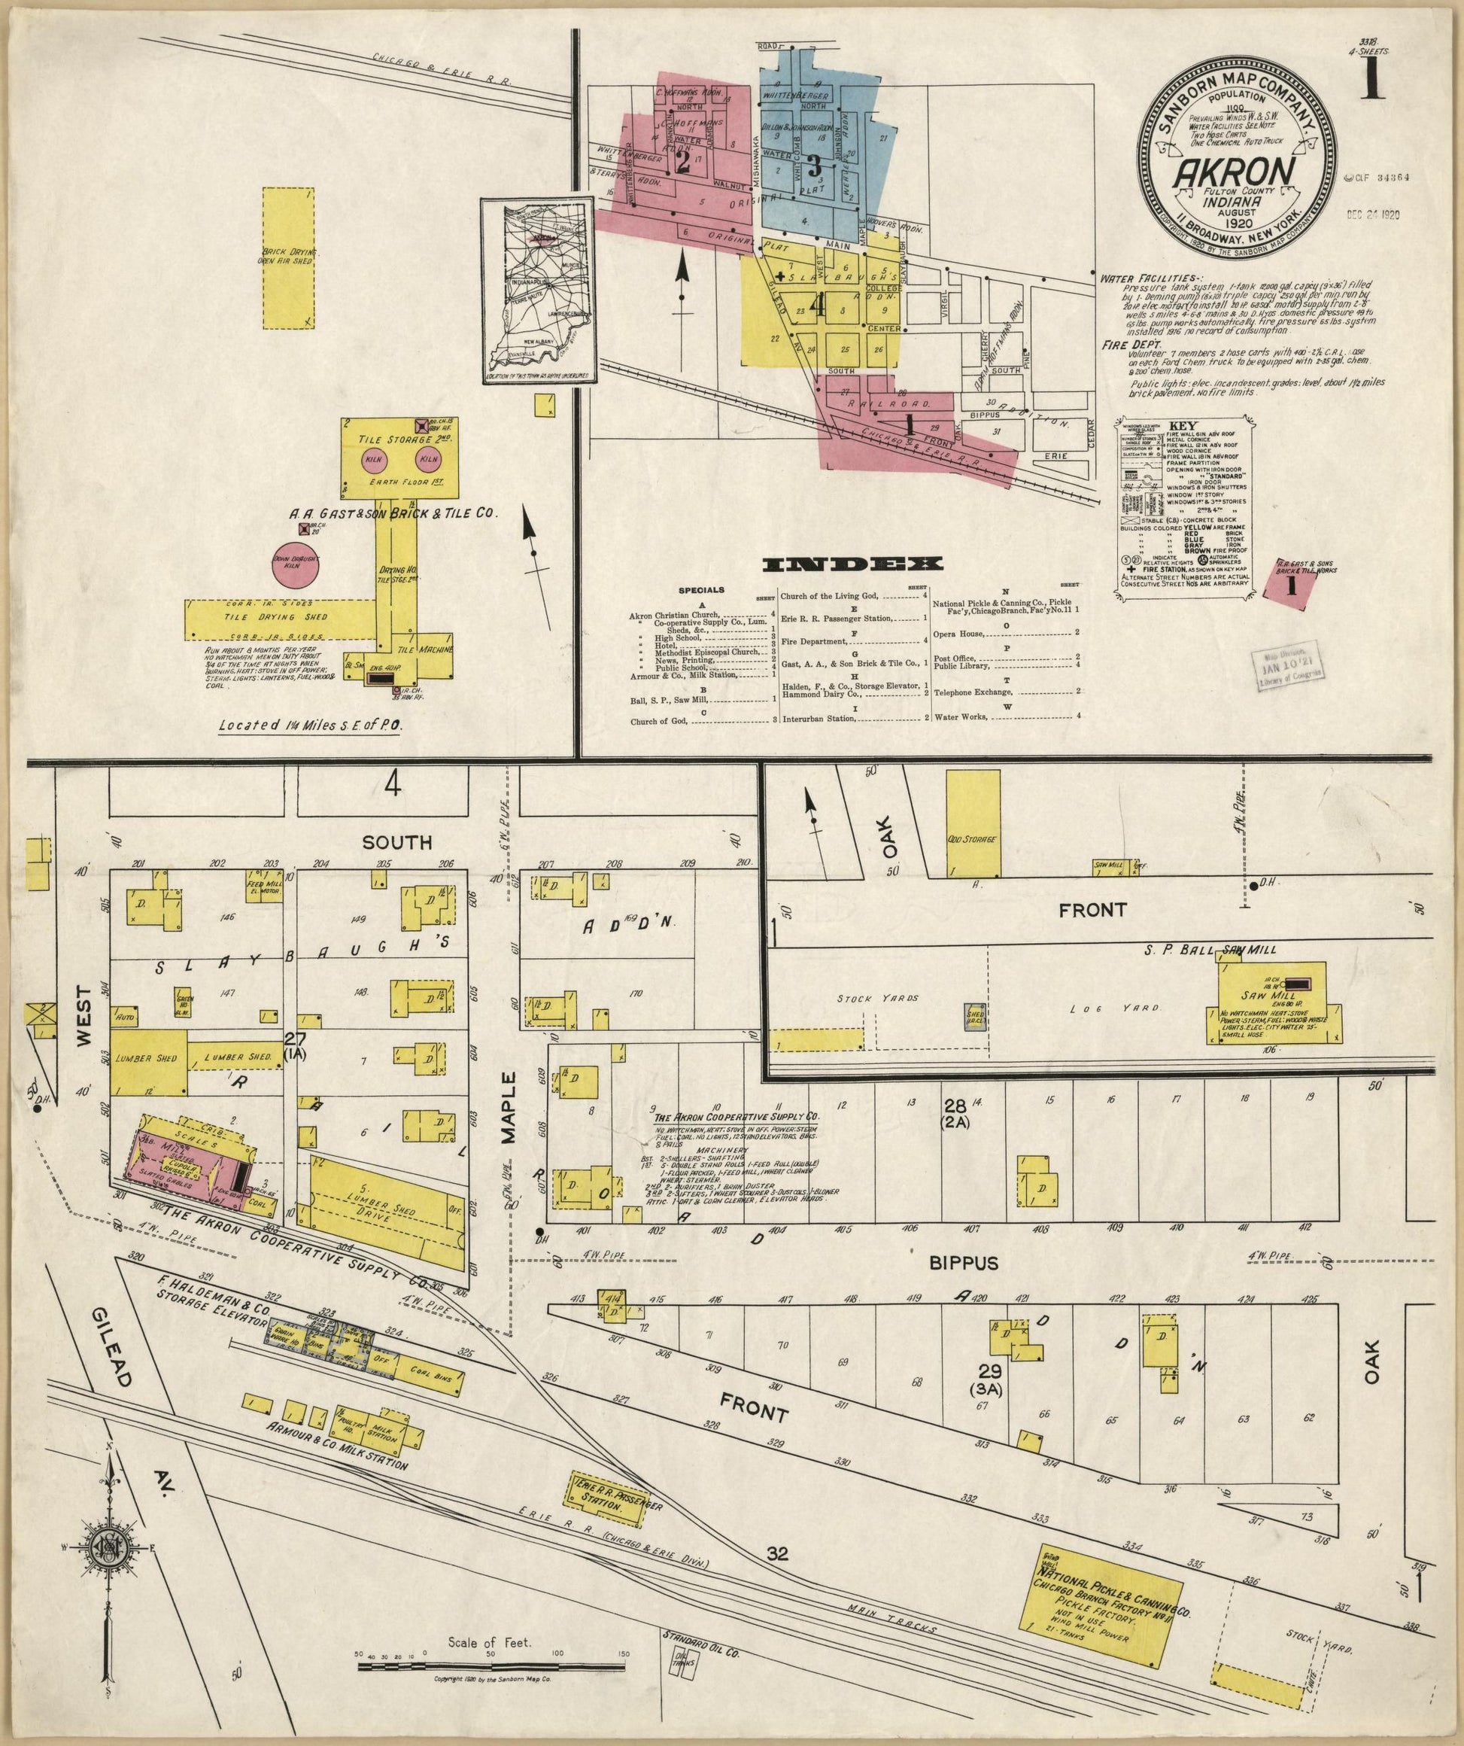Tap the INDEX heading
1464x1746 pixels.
[853, 564]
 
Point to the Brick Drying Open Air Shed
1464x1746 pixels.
[287, 256]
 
